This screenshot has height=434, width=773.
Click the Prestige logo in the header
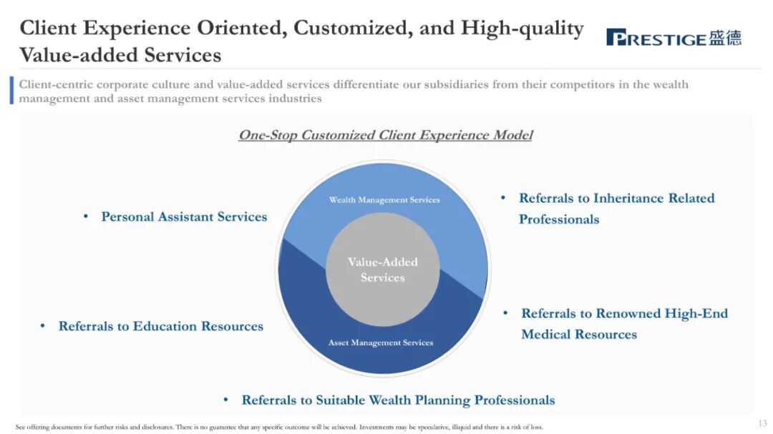click(x=673, y=38)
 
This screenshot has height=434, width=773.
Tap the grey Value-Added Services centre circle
click(x=382, y=270)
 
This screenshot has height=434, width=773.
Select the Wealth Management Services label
click(x=384, y=200)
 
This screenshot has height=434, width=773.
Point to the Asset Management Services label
click(x=381, y=343)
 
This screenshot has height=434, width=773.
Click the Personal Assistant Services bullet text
click(x=184, y=217)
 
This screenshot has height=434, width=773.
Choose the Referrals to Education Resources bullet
click(x=161, y=326)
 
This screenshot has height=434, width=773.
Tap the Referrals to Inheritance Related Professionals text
click(x=616, y=208)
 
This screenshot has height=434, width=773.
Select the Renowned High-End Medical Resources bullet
click(x=624, y=323)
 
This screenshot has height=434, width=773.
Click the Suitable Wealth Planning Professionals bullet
click(x=398, y=400)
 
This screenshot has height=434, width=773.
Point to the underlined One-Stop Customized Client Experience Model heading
click(x=385, y=135)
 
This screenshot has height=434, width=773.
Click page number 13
click(x=762, y=423)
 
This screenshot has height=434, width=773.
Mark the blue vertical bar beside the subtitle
click(x=11, y=91)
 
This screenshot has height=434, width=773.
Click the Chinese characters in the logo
click(x=725, y=38)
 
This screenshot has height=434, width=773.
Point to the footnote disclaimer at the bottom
click(x=279, y=427)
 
